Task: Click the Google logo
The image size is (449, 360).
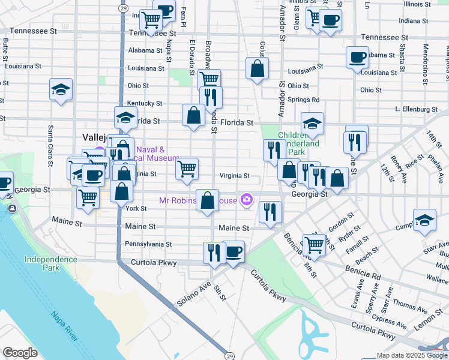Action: click(x=20, y=353)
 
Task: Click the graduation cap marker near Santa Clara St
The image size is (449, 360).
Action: click(x=61, y=89)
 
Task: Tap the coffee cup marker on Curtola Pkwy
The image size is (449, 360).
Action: click(x=233, y=251)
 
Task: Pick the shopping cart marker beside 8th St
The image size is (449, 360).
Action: click(x=315, y=244)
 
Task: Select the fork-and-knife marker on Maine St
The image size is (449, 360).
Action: click(x=270, y=211)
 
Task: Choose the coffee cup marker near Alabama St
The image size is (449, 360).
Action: click(x=357, y=58)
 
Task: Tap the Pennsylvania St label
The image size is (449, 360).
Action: click(x=148, y=244)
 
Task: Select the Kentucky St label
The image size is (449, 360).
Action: click(x=145, y=103)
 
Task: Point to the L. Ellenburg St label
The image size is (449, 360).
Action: click(x=416, y=110)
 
